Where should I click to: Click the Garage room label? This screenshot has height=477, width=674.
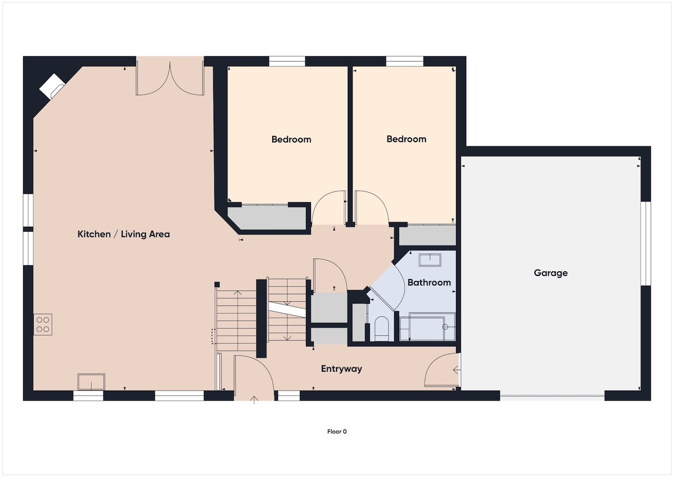click(551, 273)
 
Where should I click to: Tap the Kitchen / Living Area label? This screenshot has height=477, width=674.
click(124, 234)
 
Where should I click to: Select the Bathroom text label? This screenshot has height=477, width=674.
click(429, 282)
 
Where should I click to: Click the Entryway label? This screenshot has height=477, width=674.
click(341, 369)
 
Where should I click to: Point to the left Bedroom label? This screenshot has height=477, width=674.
click(291, 140)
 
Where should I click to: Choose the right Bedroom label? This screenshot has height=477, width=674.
click(407, 139)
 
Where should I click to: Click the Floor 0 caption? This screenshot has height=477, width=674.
click(337, 432)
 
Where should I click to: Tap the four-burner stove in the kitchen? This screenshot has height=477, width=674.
click(43, 324)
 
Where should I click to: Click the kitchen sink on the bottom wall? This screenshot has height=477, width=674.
click(91, 381)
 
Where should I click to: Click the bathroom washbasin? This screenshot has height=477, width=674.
click(430, 260)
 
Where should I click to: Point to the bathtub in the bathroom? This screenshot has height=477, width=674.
click(427, 327)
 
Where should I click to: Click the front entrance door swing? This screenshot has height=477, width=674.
click(254, 376)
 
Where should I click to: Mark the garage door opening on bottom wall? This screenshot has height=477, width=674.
click(552, 396)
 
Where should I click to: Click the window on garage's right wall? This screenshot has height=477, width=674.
click(646, 243)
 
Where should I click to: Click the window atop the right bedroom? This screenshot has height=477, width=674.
click(404, 61)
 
